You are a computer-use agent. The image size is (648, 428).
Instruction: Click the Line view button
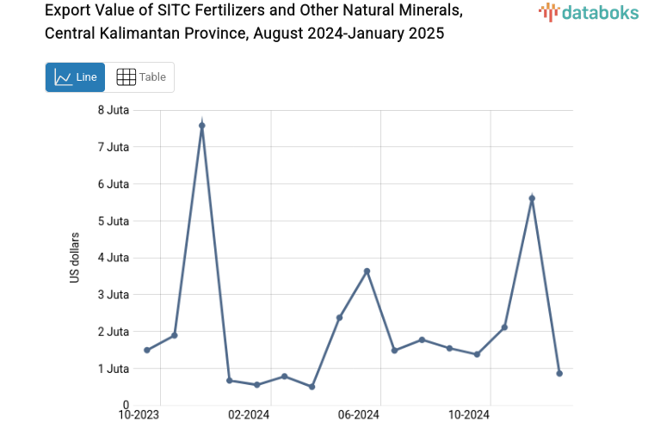76,77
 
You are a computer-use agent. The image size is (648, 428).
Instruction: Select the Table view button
140,77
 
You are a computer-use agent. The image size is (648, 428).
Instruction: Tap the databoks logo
588,12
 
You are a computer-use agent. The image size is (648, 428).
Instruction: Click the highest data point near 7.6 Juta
202,125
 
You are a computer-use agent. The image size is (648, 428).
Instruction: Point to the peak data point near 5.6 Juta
532,199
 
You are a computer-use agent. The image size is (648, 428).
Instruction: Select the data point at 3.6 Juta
367,272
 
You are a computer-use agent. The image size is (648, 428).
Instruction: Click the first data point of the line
147,350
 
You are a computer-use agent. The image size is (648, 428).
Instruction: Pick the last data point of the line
559,373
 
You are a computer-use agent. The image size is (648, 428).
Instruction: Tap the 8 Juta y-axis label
114,110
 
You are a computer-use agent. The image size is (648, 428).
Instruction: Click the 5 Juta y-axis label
114,221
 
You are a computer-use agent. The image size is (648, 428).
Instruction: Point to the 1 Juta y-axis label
114,369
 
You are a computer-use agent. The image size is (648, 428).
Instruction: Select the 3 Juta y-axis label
114,295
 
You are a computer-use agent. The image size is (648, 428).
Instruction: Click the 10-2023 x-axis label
139,415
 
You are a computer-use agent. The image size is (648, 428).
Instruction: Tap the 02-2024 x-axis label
249,415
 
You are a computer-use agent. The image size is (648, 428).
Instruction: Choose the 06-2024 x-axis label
359,415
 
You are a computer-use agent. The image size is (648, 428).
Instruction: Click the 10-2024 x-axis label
469,415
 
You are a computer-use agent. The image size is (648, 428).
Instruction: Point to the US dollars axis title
75,258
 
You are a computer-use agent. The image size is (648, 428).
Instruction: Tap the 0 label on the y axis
126,405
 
